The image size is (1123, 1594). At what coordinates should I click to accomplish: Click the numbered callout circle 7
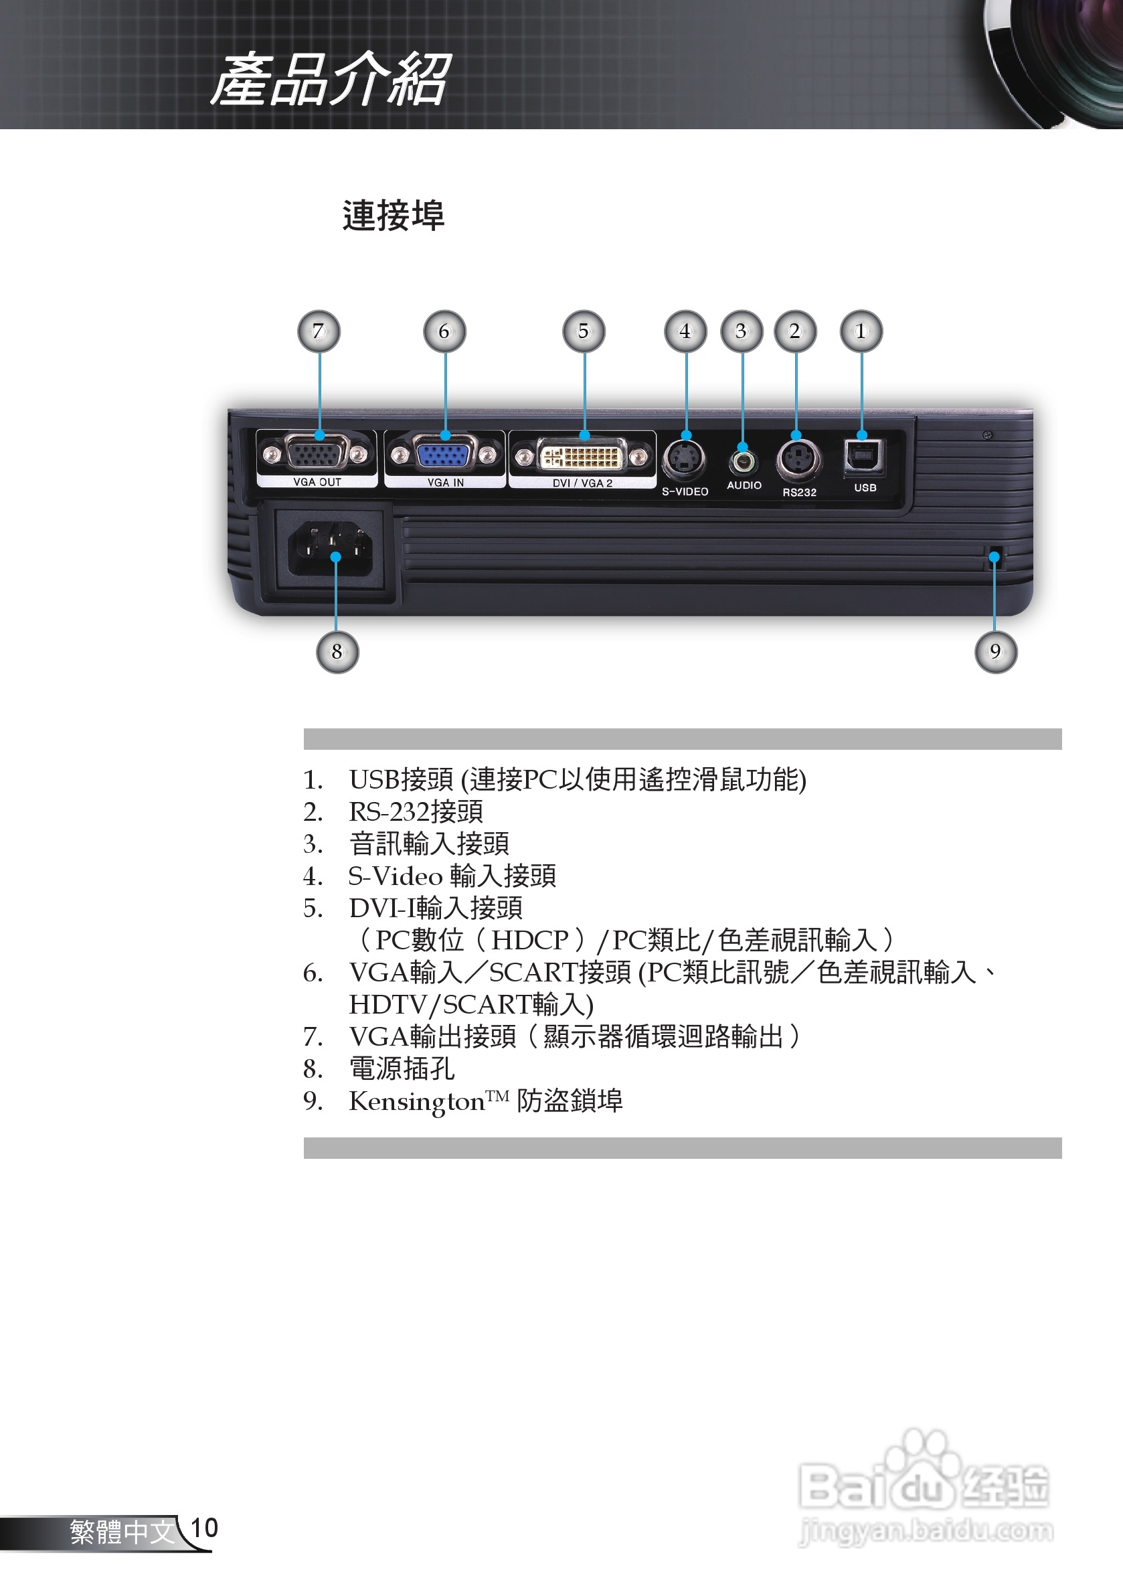click(x=319, y=331)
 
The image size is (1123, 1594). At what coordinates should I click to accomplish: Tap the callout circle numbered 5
click(x=583, y=331)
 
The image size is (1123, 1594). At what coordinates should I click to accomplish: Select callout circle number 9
click(x=995, y=651)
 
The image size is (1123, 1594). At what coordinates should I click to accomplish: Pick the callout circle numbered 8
click(x=337, y=652)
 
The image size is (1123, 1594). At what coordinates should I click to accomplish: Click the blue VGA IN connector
click(x=445, y=454)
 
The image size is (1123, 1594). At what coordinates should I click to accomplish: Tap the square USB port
click(x=863, y=455)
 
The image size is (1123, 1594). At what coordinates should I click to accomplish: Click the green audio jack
click(x=743, y=461)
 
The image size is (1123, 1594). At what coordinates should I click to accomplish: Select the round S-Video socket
click(x=685, y=460)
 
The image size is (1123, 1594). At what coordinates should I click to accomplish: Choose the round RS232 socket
click(x=798, y=460)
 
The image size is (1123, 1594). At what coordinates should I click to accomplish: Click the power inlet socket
click(x=331, y=548)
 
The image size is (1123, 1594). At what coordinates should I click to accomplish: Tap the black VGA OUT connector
click(x=317, y=454)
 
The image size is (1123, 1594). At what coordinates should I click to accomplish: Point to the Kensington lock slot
click(x=994, y=558)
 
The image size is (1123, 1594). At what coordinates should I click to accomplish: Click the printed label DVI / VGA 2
click(x=582, y=483)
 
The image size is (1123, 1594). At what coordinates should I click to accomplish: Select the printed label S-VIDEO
click(x=685, y=491)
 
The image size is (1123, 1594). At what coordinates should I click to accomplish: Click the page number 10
click(x=204, y=1527)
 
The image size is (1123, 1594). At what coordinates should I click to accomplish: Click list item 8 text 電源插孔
click(x=402, y=1068)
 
